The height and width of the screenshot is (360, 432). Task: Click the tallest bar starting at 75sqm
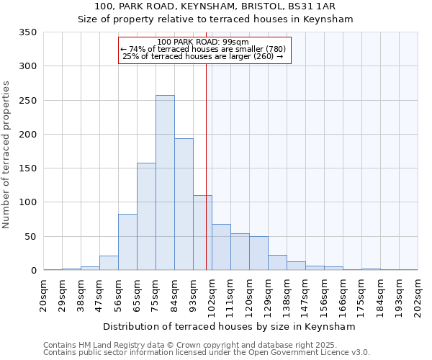(165, 183)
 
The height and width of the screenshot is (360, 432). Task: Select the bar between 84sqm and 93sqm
(184, 204)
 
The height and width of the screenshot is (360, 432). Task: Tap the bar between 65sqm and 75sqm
(146, 217)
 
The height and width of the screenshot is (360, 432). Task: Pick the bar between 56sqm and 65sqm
(127, 242)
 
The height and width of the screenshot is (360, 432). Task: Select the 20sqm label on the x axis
(44, 295)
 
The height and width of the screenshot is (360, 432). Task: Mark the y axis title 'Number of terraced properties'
(7, 155)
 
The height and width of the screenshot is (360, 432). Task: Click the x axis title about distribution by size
(230, 326)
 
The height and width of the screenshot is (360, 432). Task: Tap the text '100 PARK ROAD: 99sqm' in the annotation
(203, 42)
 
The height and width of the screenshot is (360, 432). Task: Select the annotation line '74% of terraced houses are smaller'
(203, 49)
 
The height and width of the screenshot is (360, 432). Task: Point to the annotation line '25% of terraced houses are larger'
(203, 56)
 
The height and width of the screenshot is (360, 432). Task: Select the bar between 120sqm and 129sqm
(258, 253)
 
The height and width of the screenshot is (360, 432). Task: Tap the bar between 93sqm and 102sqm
(202, 233)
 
